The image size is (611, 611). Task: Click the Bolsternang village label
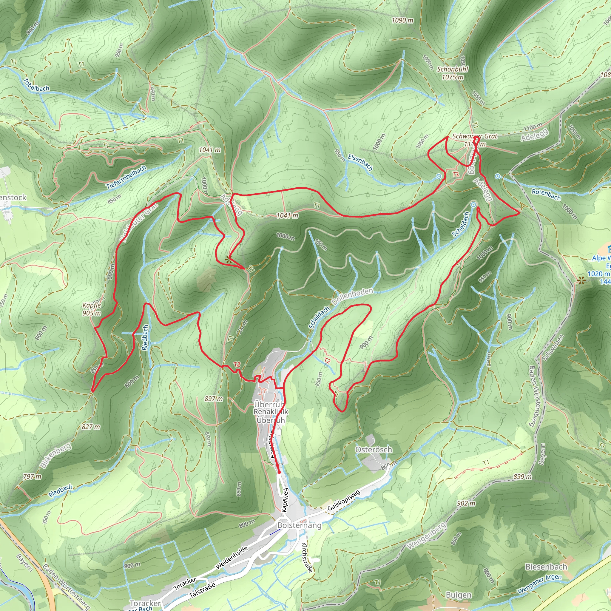299,525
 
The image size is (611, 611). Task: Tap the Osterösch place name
374,449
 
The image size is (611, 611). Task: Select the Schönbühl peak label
453,73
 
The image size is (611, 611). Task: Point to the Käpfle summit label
92,309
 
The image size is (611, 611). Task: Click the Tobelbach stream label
36,85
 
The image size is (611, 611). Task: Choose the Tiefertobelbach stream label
126,177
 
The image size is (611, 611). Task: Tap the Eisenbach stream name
360,162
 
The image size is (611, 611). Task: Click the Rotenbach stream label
546,195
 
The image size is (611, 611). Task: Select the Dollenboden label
352,296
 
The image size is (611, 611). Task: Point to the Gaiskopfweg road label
344,501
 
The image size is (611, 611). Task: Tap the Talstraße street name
202,590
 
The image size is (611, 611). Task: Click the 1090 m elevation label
402,20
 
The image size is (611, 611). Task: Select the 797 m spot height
32,476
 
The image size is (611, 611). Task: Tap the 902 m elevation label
466,503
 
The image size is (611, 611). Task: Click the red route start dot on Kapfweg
279,472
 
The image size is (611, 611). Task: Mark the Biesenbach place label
546,567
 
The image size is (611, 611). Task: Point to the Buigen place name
458,595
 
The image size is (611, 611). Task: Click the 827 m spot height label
91,427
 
